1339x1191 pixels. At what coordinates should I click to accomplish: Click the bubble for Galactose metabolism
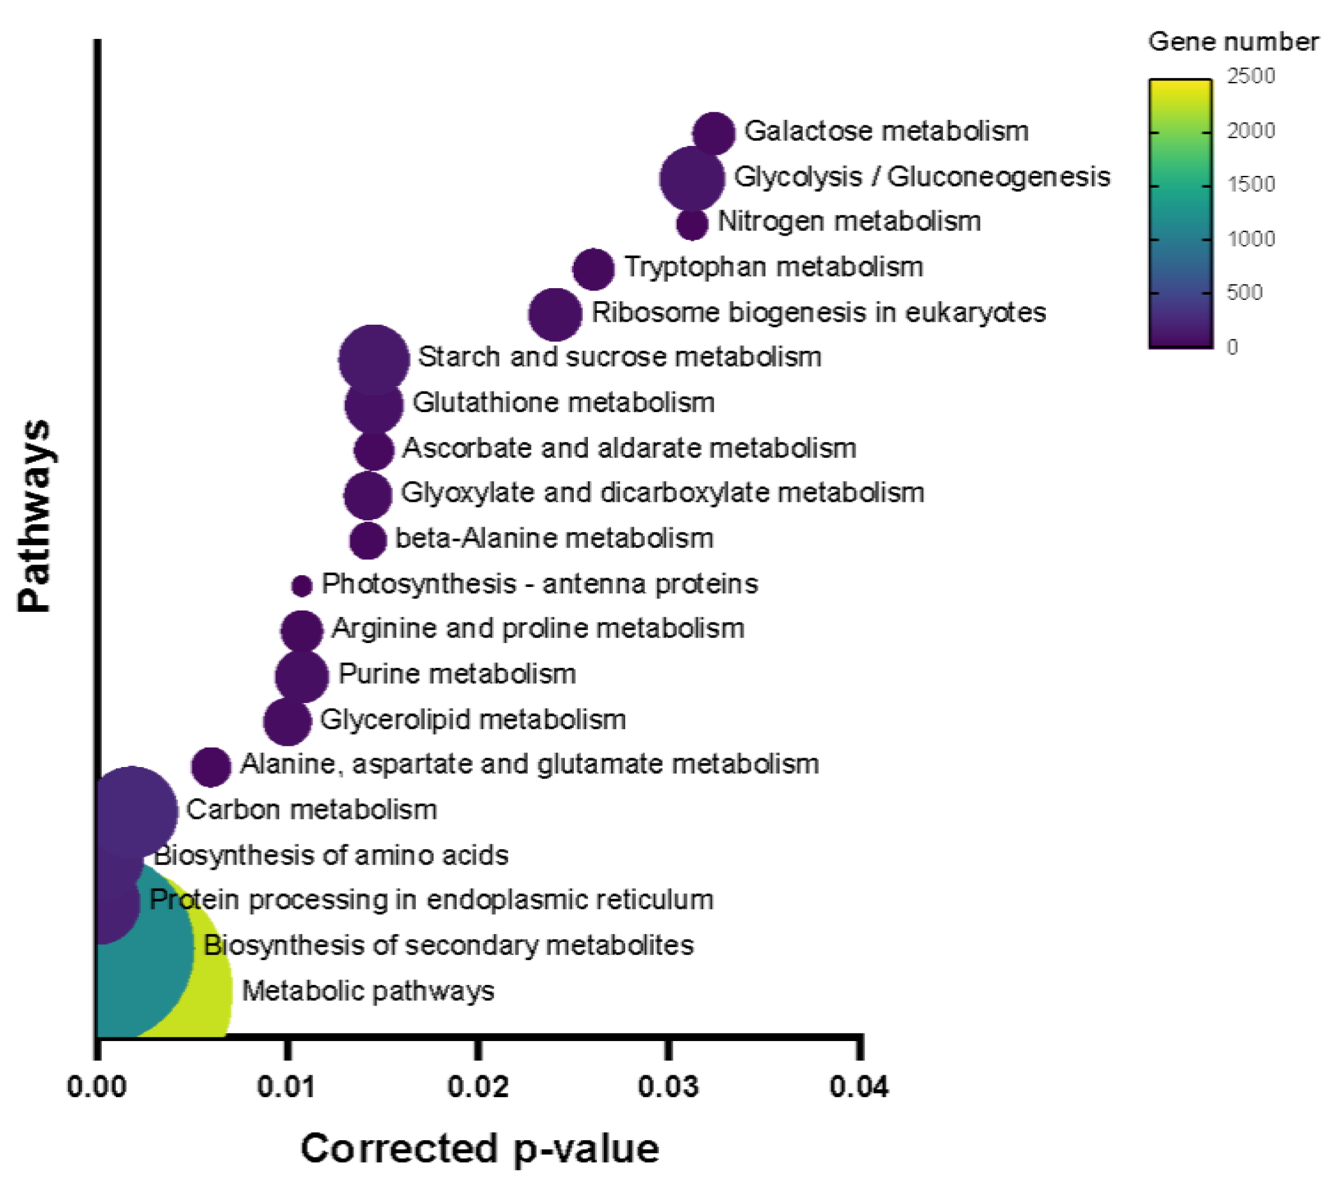pyautogui.click(x=713, y=133)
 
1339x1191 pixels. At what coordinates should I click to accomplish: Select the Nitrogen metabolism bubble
pyautogui.click(x=692, y=224)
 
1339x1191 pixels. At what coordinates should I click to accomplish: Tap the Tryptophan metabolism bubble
pyautogui.click(x=593, y=269)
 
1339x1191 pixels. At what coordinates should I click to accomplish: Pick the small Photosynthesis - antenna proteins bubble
pyautogui.click(x=301, y=585)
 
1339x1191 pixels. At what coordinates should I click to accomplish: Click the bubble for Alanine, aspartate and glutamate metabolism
pyautogui.click(x=211, y=766)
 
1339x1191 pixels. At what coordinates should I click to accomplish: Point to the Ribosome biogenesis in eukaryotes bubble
pyautogui.click(x=555, y=314)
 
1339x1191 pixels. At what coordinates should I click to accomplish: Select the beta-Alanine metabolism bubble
pyautogui.click(x=368, y=540)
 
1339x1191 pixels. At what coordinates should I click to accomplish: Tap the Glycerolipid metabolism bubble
pyautogui.click(x=287, y=722)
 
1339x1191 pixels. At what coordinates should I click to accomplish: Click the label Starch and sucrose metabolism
pyautogui.click(x=619, y=357)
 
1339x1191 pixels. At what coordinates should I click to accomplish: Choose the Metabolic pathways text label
pyautogui.click(x=368, y=991)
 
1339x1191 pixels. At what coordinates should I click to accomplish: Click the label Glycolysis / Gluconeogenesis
pyautogui.click(x=922, y=177)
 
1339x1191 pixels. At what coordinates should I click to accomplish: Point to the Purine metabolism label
pyautogui.click(x=457, y=674)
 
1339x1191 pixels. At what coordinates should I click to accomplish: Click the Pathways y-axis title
pyautogui.click(x=34, y=516)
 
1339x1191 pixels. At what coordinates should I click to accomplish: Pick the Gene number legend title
pyautogui.click(x=1233, y=42)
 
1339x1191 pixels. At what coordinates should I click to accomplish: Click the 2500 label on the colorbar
pyautogui.click(x=1250, y=76)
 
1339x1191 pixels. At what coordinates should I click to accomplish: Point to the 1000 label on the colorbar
pyautogui.click(x=1250, y=239)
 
